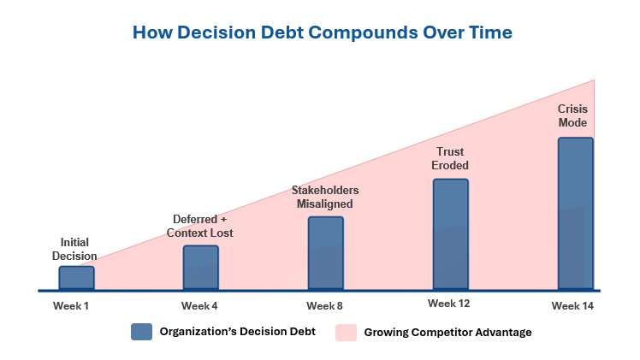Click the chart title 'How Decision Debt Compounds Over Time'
coord(323,32)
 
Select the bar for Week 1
coord(77,278)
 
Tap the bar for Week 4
coord(201,268)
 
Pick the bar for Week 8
coord(326,253)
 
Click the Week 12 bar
coord(451,234)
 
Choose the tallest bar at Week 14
coord(576,214)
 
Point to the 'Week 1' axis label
coord(71,306)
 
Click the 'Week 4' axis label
coord(199,306)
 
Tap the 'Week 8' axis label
coord(324,306)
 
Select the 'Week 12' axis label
coord(449,304)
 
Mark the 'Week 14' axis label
coord(572,306)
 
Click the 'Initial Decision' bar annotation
coord(74,249)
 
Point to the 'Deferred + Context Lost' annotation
coord(200,226)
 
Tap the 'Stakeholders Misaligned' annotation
coord(325,197)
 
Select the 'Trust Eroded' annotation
coord(450,158)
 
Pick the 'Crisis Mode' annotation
coord(572,115)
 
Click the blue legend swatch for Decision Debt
coord(142,332)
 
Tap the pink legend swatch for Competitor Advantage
coord(347,333)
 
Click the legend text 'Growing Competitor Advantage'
coord(447,333)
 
